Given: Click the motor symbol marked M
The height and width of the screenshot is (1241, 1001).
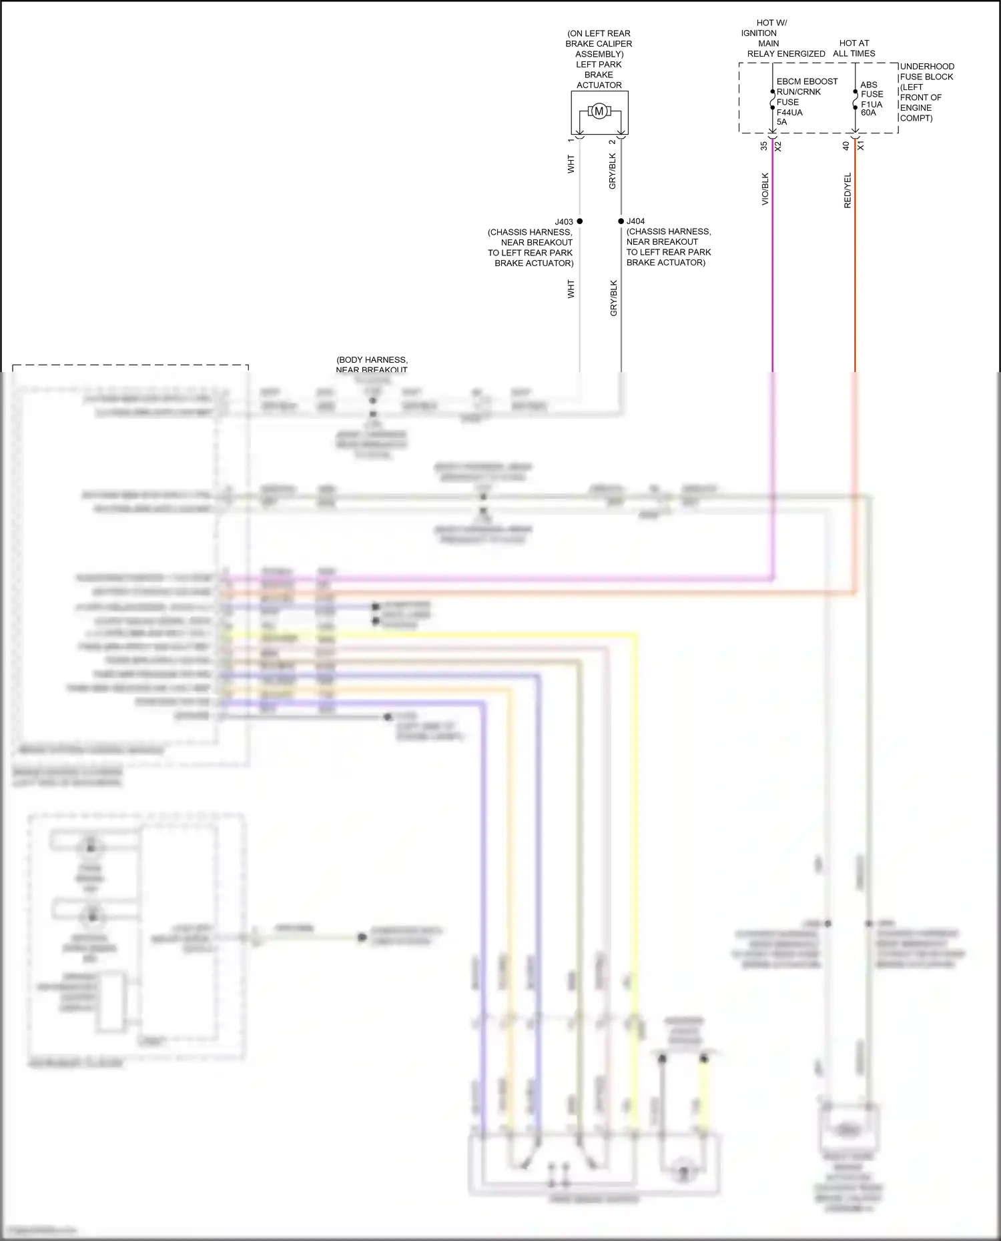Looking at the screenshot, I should tap(599, 111).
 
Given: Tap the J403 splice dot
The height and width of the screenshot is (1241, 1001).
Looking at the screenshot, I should tap(579, 221).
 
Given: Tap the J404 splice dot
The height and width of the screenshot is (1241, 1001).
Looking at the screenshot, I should tap(621, 221).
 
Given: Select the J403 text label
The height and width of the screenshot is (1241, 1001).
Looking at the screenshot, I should tap(564, 222).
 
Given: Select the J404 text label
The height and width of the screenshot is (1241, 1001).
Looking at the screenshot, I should tap(636, 221).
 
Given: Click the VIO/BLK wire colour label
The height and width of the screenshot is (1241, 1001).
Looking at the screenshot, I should tap(765, 189).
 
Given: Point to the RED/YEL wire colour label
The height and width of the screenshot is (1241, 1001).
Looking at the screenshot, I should tap(848, 191).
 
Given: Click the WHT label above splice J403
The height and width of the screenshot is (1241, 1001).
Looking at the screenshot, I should tap(571, 165).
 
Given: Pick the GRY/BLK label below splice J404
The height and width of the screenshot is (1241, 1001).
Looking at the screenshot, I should tap(614, 298).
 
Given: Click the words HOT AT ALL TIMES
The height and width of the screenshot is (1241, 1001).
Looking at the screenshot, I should tap(854, 48).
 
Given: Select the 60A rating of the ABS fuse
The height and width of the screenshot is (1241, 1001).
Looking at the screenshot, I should tap(868, 113).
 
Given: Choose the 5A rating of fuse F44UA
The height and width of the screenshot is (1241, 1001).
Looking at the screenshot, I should tap(781, 122).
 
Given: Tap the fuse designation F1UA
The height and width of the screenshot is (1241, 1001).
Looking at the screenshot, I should tap(871, 104).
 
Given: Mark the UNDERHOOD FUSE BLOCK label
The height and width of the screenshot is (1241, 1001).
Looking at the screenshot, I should tap(926, 71).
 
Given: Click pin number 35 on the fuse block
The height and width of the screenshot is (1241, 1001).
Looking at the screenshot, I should tap(764, 145).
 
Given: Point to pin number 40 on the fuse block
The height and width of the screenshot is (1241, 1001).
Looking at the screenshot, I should tap(846, 145).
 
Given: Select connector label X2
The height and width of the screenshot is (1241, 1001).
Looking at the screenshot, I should tap(778, 145).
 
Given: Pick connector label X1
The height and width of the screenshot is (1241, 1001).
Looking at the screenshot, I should tap(861, 145).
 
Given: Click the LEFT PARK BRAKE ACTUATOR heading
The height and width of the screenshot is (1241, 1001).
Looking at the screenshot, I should tap(599, 75).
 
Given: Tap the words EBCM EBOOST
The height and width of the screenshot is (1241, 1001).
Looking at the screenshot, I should tap(807, 81).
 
